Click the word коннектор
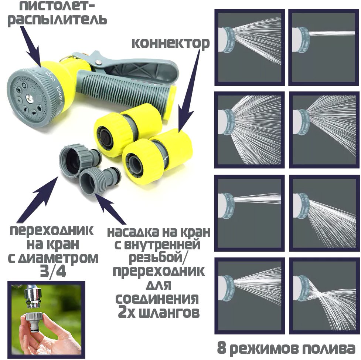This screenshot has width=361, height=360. (x=170, y=44)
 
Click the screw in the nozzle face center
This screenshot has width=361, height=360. (x=29, y=97)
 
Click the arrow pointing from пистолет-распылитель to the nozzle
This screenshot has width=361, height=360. (x=32, y=46)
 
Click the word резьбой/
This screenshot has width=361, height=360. (x=159, y=258)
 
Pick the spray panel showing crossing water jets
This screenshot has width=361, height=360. (x=324, y=296)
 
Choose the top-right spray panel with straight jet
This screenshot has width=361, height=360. (x=323, y=47)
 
